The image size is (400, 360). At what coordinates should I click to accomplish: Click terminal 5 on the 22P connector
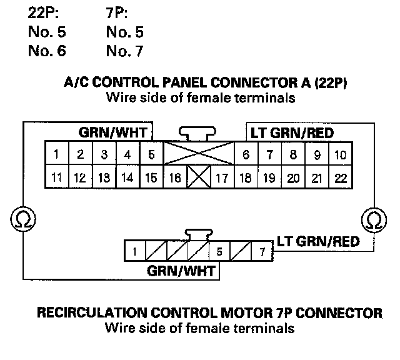click(151, 154)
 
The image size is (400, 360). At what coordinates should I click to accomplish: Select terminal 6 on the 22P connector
click(246, 154)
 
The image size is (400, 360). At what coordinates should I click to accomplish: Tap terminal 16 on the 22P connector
click(175, 177)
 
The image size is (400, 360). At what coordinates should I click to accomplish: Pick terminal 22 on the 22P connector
click(341, 177)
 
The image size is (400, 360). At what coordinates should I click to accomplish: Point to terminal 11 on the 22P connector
click(56, 177)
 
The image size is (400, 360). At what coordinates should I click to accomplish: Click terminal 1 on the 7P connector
click(134, 252)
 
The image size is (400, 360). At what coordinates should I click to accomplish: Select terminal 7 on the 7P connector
click(261, 252)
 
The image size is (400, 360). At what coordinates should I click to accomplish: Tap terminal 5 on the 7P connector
click(219, 252)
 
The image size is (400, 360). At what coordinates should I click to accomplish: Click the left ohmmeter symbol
click(24, 220)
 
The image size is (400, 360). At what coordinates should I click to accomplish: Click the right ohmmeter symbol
click(374, 220)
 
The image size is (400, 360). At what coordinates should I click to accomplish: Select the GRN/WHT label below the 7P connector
click(181, 271)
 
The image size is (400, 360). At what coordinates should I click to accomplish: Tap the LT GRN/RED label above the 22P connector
click(292, 133)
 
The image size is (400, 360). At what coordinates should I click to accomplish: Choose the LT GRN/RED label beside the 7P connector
click(318, 241)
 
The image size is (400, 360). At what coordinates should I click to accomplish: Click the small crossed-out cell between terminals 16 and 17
click(199, 177)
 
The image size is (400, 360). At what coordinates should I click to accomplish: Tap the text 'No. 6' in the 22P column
click(47, 51)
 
